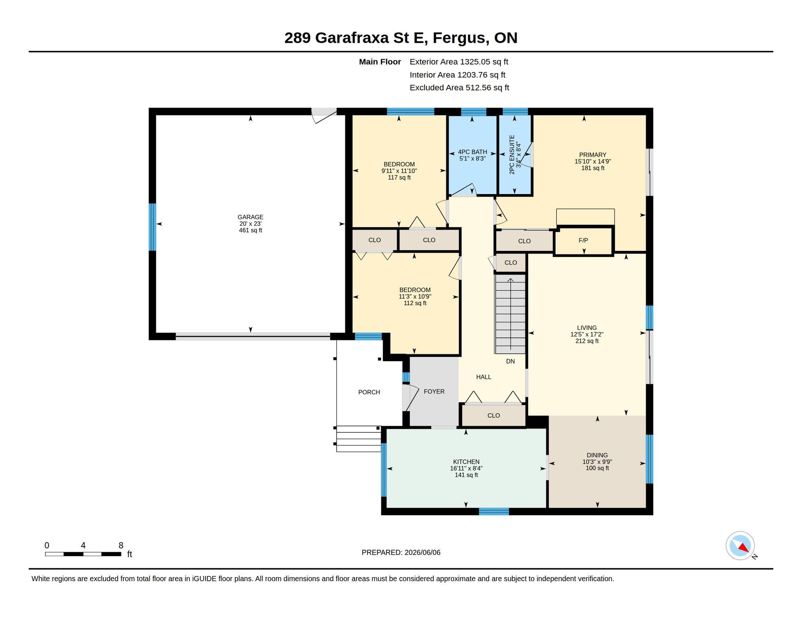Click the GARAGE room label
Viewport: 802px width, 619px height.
[x=250, y=217]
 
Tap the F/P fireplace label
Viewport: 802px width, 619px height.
[x=583, y=240]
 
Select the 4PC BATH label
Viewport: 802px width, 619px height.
[x=472, y=152]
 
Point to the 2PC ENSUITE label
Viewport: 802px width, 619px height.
[x=511, y=155]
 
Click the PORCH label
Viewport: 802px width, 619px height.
[x=369, y=392]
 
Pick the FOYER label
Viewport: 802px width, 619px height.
[x=434, y=391]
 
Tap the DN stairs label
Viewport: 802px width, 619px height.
[x=510, y=361]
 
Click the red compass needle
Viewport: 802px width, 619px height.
[x=744, y=547]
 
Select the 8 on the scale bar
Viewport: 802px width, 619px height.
[x=121, y=545]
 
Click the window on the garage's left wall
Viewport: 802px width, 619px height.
[x=152, y=227]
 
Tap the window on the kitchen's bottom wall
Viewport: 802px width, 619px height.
[x=494, y=511]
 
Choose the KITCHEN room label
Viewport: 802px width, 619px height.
[x=466, y=462]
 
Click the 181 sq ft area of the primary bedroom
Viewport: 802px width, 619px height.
[x=592, y=168]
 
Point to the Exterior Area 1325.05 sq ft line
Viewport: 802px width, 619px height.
[x=459, y=62]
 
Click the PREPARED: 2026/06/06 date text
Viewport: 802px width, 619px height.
[x=401, y=552]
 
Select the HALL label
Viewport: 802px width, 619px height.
[x=484, y=377]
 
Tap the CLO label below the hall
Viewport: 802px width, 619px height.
[x=493, y=416]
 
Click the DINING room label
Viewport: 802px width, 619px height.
[x=597, y=455]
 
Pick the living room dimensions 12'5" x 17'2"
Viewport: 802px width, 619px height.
[x=587, y=335]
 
